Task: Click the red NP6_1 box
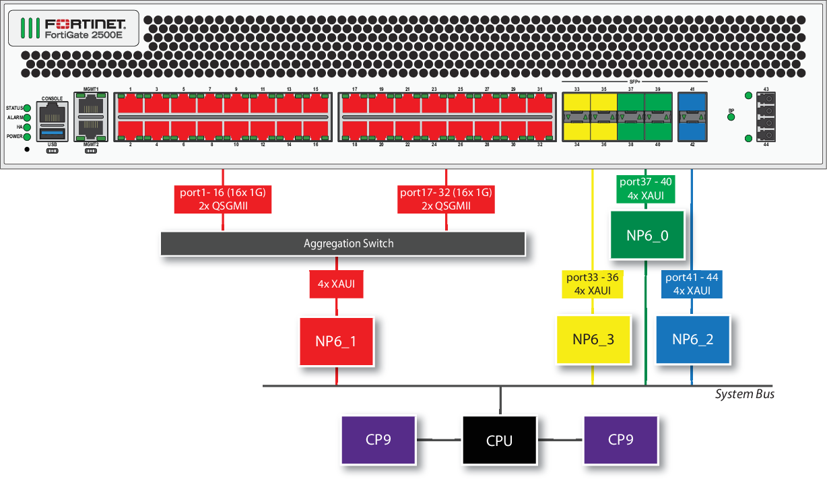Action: [x=336, y=342]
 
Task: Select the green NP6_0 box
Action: [x=647, y=235]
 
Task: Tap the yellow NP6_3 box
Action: [x=593, y=339]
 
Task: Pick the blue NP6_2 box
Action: [x=692, y=339]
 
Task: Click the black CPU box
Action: [x=499, y=441]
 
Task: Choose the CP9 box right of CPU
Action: [x=620, y=440]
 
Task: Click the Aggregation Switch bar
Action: [x=342, y=243]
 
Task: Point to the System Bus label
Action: [x=744, y=394]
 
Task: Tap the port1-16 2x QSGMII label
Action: [x=223, y=199]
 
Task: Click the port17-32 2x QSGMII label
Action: [x=446, y=199]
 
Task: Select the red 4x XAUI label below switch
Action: [x=336, y=284]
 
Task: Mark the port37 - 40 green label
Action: [x=646, y=189]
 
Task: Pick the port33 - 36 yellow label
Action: [x=592, y=284]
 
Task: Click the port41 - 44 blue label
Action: [x=692, y=284]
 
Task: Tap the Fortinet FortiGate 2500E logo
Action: [x=74, y=28]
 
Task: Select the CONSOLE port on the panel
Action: [x=53, y=113]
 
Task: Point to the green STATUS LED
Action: [x=28, y=108]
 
